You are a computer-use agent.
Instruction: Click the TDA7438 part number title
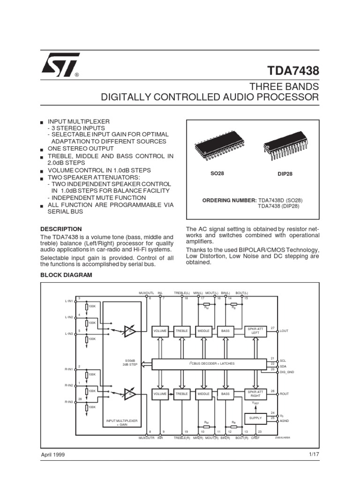[293, 71]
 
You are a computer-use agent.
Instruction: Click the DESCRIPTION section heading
[60, 229]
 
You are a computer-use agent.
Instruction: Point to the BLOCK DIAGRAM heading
[66, 275]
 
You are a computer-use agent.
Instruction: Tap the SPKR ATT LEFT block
[255, 330]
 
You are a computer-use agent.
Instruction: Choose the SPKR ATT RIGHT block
[255, 394]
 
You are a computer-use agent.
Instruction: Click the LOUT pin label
[285, 331]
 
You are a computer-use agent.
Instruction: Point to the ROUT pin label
[285, 394]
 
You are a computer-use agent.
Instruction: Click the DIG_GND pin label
[286, 371]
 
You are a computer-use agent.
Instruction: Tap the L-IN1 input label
[69, 300]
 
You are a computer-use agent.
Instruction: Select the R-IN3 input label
[69, 402]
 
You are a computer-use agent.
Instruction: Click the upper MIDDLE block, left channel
[203, 330]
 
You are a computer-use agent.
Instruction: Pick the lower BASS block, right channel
[226, 394]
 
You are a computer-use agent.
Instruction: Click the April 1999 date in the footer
[53, 454]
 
